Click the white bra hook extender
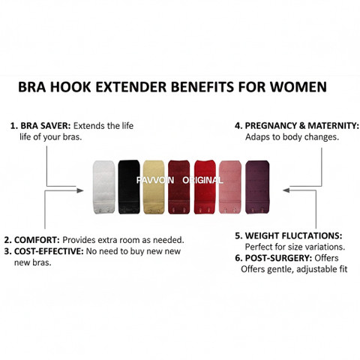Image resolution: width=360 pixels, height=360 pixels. pyautogui.click(x=103, y=187)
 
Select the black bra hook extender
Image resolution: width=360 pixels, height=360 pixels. pyautogui.click(x=129, y=187)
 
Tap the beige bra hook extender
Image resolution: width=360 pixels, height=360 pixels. pyautogui.click(x=154, y=187)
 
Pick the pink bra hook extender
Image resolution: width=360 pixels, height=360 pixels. pyautogui.click(x=230, y=187)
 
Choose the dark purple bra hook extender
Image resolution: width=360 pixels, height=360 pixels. pyautogui.click(x=257, y=187)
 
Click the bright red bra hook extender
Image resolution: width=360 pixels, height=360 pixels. pyautogui.click(x=205, y=187)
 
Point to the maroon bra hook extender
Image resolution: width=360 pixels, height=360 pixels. pyautogui.click(x=179, y=187)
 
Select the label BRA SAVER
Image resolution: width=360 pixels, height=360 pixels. pyautogui.click(x=46, y=126)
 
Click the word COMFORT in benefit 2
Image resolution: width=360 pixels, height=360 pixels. pyautogui.click(x=37, y=240)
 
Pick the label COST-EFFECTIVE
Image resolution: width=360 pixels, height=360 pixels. pyautogui.click(x=49, y=251)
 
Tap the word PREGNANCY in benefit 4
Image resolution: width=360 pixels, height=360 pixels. pyautogui.click(x=271, y=126)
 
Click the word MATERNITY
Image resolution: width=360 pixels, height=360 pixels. pyautogui.click(x=333, y=126)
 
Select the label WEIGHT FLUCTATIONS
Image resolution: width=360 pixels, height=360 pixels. pyautogui.click(x=293, y=235)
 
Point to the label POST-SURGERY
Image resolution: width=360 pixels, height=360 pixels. pyautogui.click(x=278, y=258)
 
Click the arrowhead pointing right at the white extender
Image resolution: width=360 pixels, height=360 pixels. pyautogui.click(x=80, y=190)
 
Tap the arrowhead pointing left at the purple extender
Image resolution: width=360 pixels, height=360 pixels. pyautogui.click(x=286, y=190)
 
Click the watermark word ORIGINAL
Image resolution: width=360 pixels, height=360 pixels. pyautogui.click(x=202, y=180)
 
